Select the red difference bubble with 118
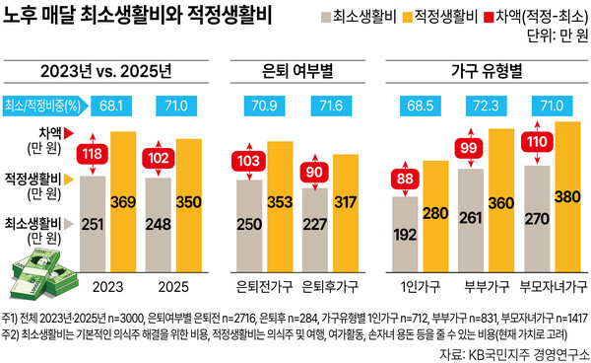coord(95,154)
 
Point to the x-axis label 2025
coord(173,289)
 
